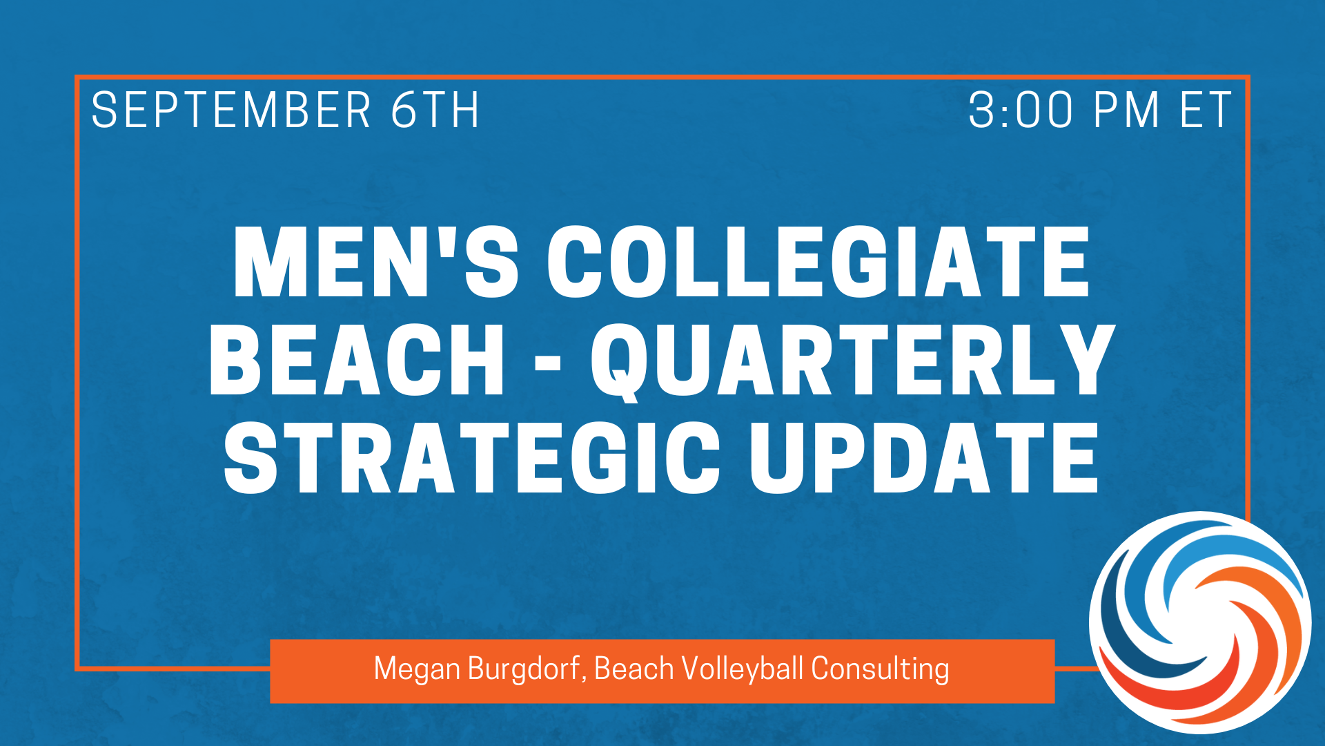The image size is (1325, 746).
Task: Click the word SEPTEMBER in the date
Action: pyautogui.click(x=232, y=110)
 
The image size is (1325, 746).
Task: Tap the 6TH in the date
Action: pyautogui.click(x=435, y=110)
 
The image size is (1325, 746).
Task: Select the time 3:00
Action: pyautogui.click(x=1021, y=110)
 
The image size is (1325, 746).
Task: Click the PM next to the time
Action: pyautogui.click(x=1126, y=110)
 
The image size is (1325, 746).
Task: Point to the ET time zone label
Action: pyautogui.click(x=1206, y=110)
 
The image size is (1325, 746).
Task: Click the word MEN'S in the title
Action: pyautogui.click(x=377, y=262)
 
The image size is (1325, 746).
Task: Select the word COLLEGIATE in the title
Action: pyautogui.click(x=818, y=262)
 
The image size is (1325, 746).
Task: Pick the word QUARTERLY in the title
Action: pyautogui.click(x=852, y=361)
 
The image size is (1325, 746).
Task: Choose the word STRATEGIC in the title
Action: pyautogui.click(x=472, y=457)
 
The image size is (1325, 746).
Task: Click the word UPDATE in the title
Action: pyautogui.click(x=924, y=457)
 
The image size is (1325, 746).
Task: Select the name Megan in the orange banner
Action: pyautogui.click(x=417, y=669)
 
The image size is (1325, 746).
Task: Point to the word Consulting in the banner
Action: pyautogui.click(x=880, y=669)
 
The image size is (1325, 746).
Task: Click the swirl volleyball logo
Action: pyautogui.click(x=1201, y=622)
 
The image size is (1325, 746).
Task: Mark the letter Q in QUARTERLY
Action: pyautogui.click(x=620, y=362)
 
